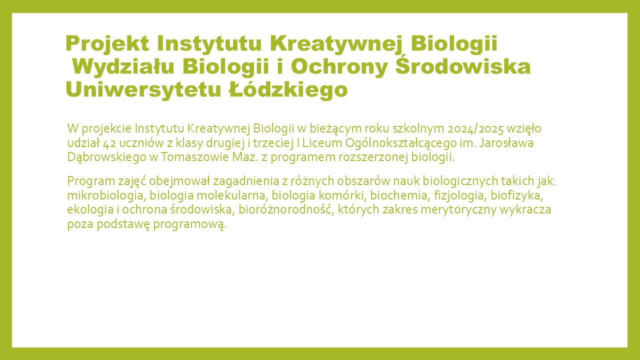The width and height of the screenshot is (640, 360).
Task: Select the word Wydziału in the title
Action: pos(123,67)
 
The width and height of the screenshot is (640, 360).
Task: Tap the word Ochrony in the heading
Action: pos(339,67)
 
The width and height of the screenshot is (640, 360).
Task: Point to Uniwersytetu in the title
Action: pos(143,90)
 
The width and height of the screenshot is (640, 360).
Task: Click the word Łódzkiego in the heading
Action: pos(288,90)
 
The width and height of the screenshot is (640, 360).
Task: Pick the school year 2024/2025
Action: pos(475,129)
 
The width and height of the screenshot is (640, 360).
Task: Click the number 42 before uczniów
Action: pos(109,143)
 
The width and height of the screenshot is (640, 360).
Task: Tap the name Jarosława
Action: pos(506,143)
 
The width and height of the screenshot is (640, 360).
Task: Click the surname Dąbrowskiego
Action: pos(107,157)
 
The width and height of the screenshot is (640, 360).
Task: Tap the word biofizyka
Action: pos(517,195)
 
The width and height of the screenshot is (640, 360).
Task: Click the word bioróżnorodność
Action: pos(286,209)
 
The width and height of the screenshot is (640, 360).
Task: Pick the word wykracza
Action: pos(525,210)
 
